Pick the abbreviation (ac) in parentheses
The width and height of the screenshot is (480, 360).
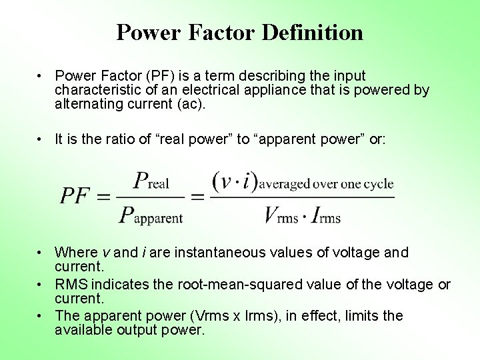[195, 104]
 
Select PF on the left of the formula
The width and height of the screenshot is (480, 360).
[75, 196]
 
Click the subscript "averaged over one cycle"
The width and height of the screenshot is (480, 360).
[326, 184]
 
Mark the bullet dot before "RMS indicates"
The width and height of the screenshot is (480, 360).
[41, 285]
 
